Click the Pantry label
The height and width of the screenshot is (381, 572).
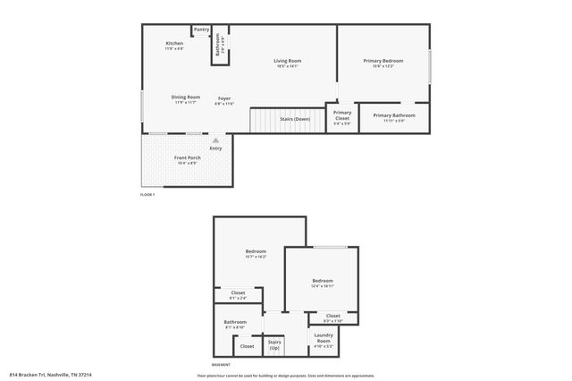[x=202, y=30]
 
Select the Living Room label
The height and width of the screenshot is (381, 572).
[x=287, y=62]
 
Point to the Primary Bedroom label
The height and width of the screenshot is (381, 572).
[x=383, y=62]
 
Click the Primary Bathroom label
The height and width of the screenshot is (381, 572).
[x=394, y=116]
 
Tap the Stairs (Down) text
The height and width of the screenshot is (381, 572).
[x=296, y=119]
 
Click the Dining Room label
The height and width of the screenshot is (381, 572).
[x=186, y=97]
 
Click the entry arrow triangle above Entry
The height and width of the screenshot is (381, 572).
[x=215, y=140]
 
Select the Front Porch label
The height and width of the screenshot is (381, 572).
[x=187, y=158]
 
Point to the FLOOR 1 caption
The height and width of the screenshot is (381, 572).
[x=147, y=194]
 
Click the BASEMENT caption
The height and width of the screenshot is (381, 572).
[x=221, y=365]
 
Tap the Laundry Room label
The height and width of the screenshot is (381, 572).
[x=323, y=337]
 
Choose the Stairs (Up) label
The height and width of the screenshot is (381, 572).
[x=274, y=344]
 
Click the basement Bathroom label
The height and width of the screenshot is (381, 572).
[x=235, y=323]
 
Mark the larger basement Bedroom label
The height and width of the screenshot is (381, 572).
[x=256, y=253]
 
